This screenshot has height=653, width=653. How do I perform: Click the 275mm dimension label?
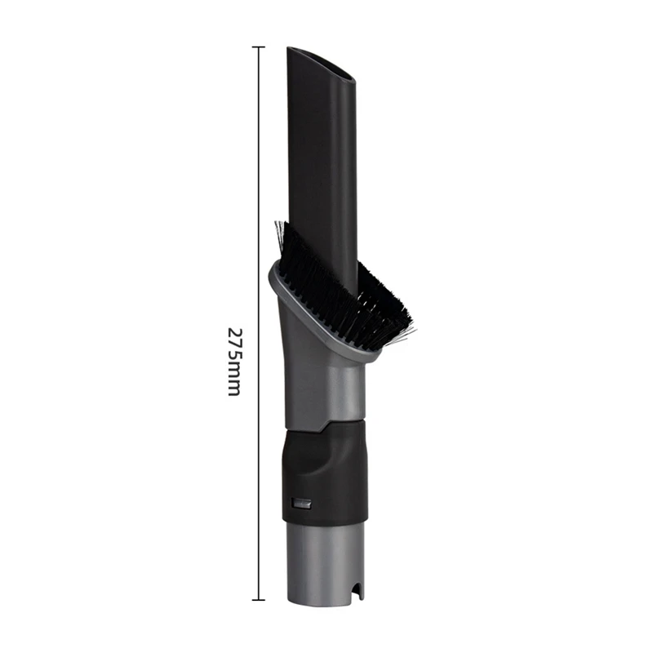233,362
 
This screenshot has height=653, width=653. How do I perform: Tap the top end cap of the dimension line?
258,47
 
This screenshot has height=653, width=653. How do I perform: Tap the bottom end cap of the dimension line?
258,600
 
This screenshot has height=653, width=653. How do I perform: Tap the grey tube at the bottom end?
323,563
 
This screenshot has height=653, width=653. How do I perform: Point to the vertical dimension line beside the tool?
258,204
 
